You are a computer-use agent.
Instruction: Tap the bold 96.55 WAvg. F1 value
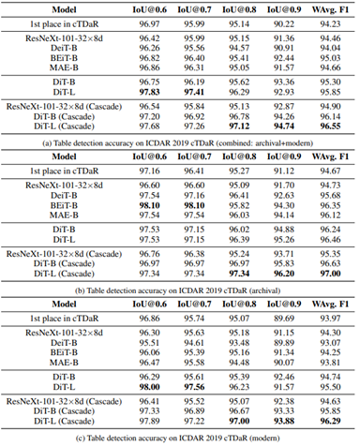point(328,124)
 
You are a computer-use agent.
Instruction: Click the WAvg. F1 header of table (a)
point(328,7)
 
